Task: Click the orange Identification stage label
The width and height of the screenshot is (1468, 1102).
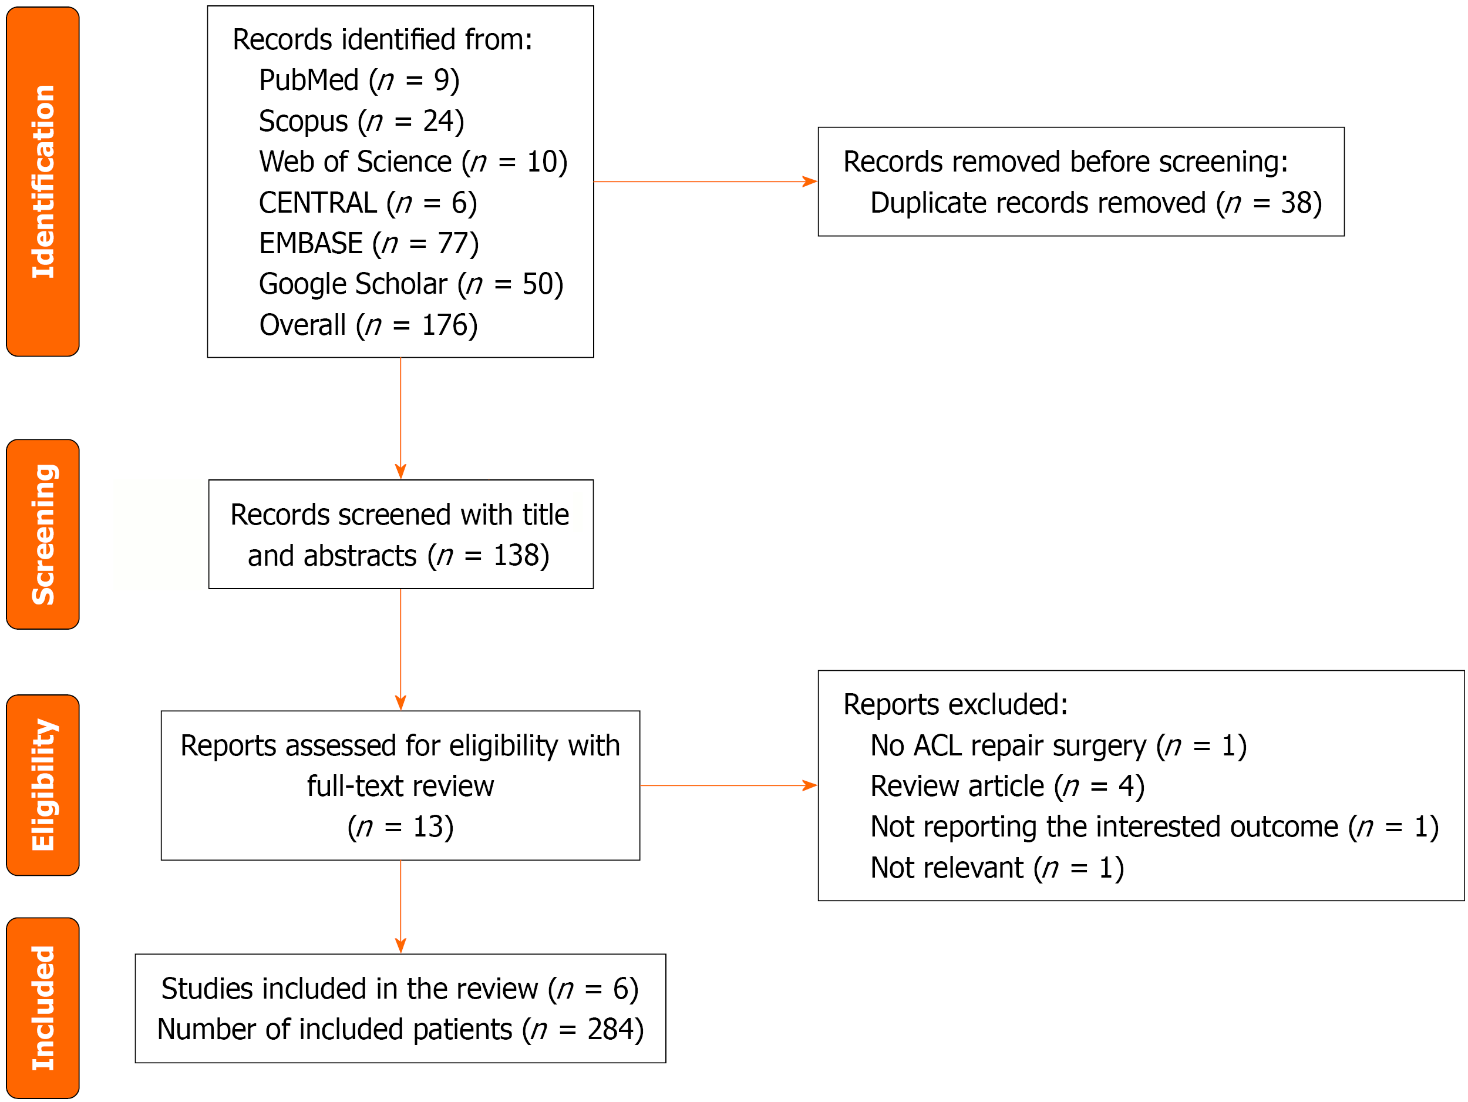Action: click(x=43, y=182)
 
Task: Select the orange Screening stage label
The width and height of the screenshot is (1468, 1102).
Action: click(x=43, y=535)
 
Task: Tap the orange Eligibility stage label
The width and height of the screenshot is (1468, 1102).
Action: click(x=43, y=785)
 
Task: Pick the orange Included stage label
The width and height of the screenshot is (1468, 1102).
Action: click(x=43, y=1008)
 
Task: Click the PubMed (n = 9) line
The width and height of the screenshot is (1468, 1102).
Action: click(x=359, y=80)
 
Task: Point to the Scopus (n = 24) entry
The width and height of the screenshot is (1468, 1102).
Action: click(x=361, y=122)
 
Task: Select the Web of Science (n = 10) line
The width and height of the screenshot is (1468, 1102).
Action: click(x=413, y=162)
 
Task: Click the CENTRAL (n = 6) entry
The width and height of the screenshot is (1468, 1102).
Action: click(x=368, y=203)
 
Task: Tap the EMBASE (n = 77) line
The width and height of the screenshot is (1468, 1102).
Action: click(x=368, y=244)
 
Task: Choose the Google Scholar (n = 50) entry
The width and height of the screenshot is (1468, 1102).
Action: click(x=411, y=284)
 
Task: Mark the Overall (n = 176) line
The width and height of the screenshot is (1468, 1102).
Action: click(x=368, y=325)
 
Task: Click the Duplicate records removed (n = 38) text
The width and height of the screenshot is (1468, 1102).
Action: click(x=1096, y=203)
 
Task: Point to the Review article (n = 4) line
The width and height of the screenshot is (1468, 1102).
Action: click(x=1007, y=787)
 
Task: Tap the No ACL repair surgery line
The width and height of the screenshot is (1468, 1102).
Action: click(x=1058, y=746)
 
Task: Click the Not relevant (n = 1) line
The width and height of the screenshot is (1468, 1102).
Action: click(x=997, y=868)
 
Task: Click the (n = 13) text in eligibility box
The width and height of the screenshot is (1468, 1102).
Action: click(x=400, y=827)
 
